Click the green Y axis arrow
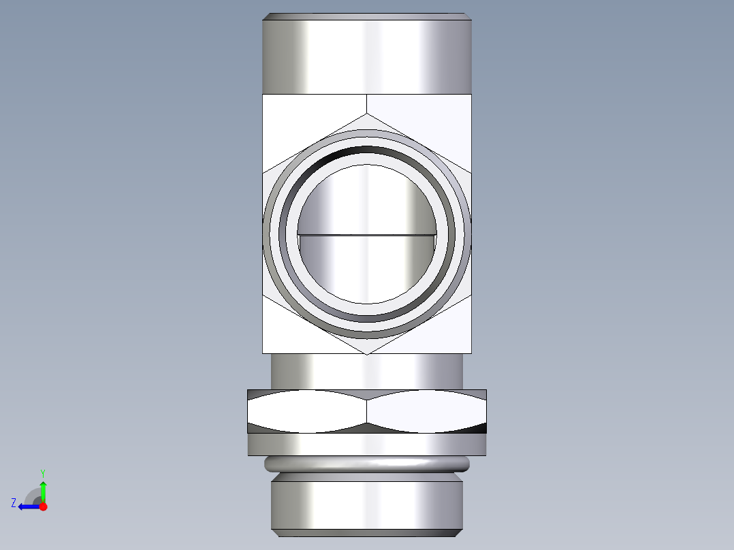pyautogui.click(x=43, y=490)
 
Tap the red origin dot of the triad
pyautogui.click(x=43, y=506)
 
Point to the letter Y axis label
pyautogui.click(x=43, y=472)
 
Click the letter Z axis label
pyautogui.click(x=14, y=503)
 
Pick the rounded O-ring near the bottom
pyautogui.click(x=367, y=464)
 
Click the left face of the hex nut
pyautogui.click(x=306, y=412)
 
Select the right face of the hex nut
pyautogui.click(x=427, y=412)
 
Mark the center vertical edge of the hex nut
pyautogui.click(x=367, y=412)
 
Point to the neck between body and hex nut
pyautogui.click(x=367, y=371)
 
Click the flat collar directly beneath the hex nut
pyautogui.click(x=367, y=444)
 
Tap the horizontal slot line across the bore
pyautogui.click(x=367, y=236)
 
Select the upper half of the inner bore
pyautogui.click(x=367, y=201)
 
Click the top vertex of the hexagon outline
pyautogui.click(x=367, y=114)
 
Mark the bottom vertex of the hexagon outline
pyautogui.click(x=367, y=354)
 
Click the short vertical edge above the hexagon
pyautogui.click(x=367, y=103)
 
